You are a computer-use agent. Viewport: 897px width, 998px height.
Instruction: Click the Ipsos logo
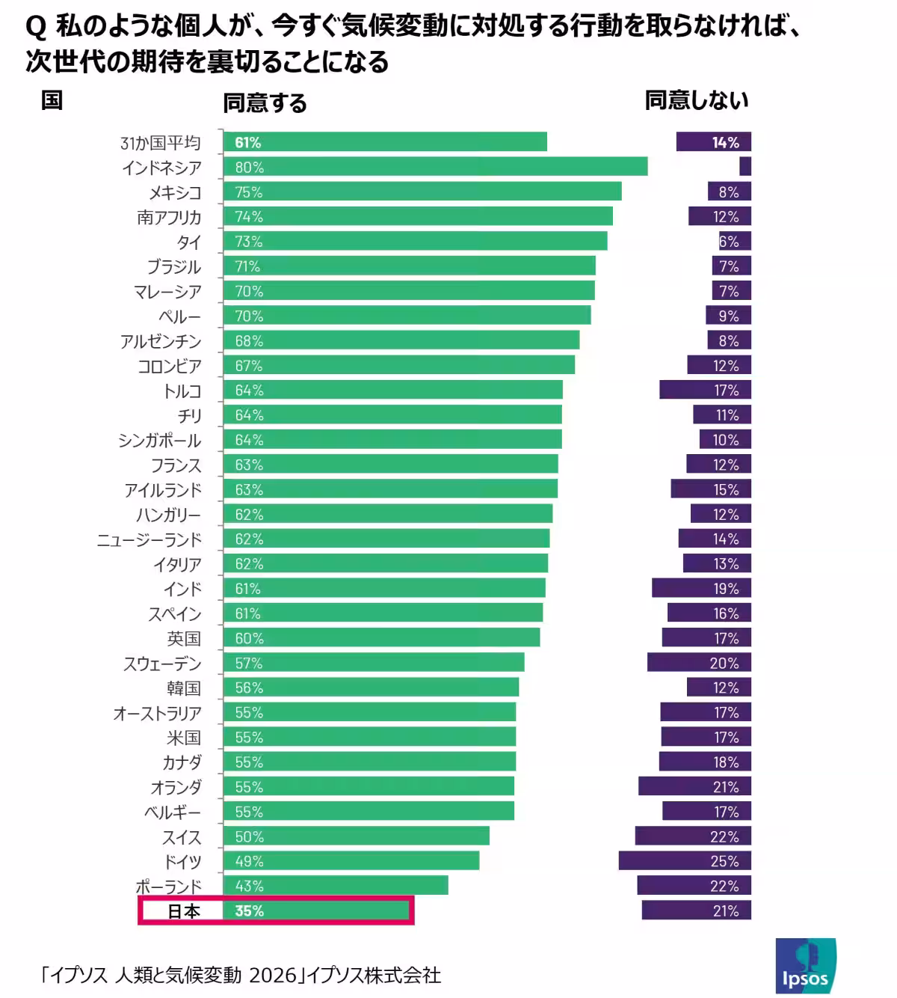click(x=805, y=966)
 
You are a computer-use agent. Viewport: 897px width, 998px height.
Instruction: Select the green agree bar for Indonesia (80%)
click(x=435, y=167)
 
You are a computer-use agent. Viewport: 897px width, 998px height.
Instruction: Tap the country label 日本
click(x=183, y=911)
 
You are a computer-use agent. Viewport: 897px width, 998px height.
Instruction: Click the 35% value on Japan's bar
click(x=249, y=911)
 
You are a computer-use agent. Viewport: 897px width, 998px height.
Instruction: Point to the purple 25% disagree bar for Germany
click(x=684, y=861)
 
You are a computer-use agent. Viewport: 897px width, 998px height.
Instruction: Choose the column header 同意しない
click(x=696, y=101)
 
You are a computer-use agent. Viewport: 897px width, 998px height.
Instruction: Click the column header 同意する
click(x=265, y=103)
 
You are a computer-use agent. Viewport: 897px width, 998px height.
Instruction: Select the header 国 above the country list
click(x=52, y=100)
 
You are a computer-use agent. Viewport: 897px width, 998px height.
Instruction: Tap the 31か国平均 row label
click(x=160, y=143)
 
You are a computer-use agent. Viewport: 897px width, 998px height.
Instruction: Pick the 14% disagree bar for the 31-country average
click(x=713, y=142)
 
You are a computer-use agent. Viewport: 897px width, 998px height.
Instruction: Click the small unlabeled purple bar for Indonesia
click(x=745, y=167)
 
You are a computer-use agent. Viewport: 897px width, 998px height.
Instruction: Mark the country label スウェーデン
click(x=162, y=664)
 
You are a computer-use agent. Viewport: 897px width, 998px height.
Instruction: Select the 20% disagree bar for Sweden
click(x=699, y=663)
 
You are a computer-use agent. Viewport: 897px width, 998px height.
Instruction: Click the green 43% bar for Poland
click(x=336, y=886)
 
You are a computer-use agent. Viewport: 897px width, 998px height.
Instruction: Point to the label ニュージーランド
click(x=149, y=539)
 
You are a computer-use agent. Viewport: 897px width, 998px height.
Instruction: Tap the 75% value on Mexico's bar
click(x=249, y=192)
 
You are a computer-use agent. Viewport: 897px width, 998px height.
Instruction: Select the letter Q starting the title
click(x=34, y=28)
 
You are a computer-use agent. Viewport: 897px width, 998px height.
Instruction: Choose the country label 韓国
click(x=184, y=688)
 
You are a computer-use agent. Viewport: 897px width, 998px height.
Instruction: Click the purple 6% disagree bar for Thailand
click(x=734, y=241)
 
